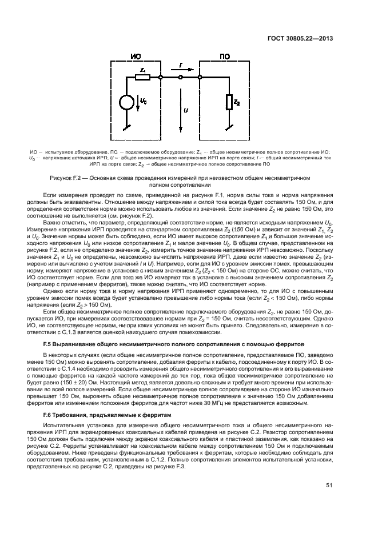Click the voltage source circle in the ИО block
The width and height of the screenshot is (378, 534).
[125, 103]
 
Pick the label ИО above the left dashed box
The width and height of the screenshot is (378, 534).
[136, 57]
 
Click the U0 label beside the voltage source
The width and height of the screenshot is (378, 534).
[143, 101]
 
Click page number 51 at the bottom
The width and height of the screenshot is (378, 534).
[329, 485]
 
